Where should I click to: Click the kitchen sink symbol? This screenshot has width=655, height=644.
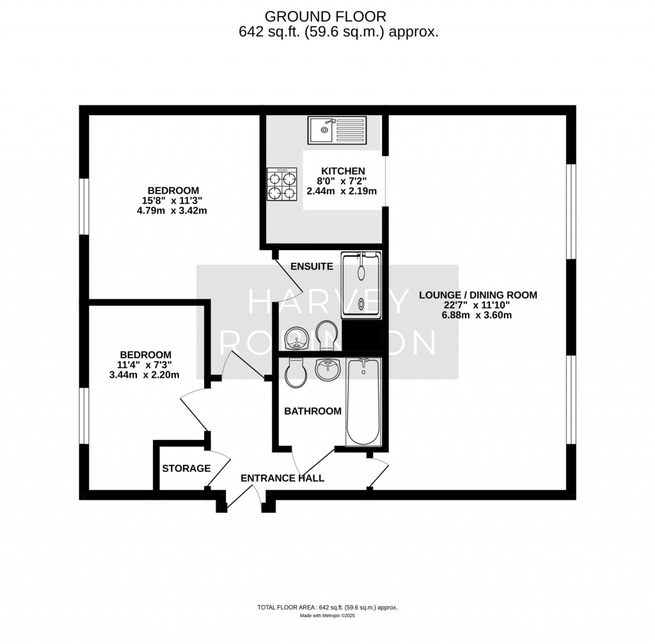337,131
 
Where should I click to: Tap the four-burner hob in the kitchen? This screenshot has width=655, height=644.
282,184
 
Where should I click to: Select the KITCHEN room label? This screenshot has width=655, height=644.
342,171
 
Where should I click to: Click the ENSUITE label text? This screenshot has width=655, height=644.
312,266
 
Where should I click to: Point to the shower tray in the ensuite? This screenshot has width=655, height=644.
362,285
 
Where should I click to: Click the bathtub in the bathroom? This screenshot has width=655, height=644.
363,402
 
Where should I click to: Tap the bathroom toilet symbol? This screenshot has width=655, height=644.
296,373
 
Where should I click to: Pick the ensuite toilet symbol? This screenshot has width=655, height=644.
326,335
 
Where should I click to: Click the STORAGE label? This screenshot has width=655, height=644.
186,468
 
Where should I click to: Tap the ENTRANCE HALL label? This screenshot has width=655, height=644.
282,478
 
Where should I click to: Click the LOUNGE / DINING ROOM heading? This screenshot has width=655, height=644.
478,295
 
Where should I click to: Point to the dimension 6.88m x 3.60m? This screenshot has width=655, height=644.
478,315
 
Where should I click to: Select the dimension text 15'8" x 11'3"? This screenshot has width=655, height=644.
173,200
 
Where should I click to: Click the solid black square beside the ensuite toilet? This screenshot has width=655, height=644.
362,335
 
